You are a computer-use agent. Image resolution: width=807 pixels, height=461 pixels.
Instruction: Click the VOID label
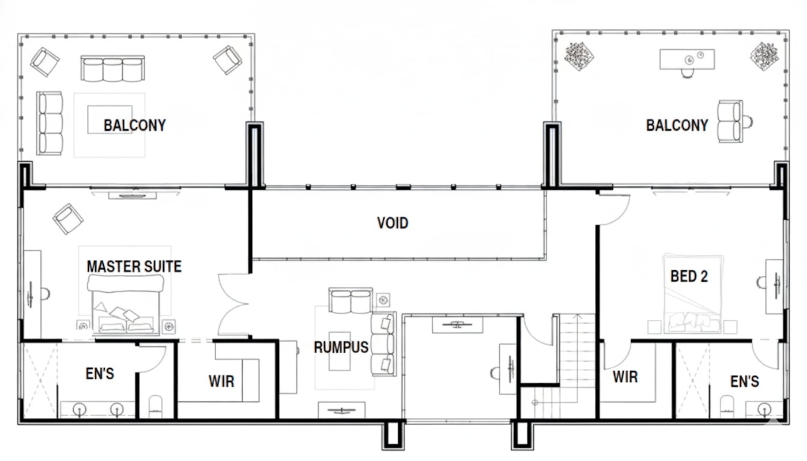[x=393, y=223]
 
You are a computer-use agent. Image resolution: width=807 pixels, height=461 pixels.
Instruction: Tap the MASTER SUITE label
[x=134, y=266]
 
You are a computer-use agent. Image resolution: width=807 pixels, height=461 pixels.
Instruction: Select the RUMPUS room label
[x=341, y=347]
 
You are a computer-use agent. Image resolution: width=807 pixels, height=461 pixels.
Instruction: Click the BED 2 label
[x=689, y=276]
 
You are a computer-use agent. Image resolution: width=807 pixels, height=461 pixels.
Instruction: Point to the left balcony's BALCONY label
[x=135, y=126]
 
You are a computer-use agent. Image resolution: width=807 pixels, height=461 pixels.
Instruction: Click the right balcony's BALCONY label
[x=677, y=126]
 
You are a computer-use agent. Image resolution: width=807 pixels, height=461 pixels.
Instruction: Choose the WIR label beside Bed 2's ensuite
[x=625, y=377]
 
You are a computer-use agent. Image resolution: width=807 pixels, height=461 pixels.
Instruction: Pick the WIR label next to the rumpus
[x=221, y=381]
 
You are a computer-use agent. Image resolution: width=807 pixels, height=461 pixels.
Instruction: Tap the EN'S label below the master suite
[x=100, y=374]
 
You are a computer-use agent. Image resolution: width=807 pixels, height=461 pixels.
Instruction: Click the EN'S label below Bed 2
[x=745, y=381]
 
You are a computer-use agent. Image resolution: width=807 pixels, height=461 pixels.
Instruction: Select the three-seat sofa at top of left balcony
[x=113, y=69]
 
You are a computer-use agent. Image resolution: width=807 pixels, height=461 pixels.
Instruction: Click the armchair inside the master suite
[x=68, y=219]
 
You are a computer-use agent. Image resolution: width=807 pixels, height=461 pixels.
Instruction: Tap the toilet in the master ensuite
[x=155, y=406]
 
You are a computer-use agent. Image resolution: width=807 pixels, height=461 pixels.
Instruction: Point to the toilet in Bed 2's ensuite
[x=727, y=406]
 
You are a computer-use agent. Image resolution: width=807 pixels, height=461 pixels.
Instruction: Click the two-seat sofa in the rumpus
[x=350, y=300]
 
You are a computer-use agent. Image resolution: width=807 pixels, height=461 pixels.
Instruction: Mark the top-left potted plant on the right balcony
[x=579, y=56]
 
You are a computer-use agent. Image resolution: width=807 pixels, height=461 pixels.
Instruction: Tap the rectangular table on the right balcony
[x=687, y=59]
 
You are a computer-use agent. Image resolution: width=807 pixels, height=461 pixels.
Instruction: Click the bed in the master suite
[x=125, y=304]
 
